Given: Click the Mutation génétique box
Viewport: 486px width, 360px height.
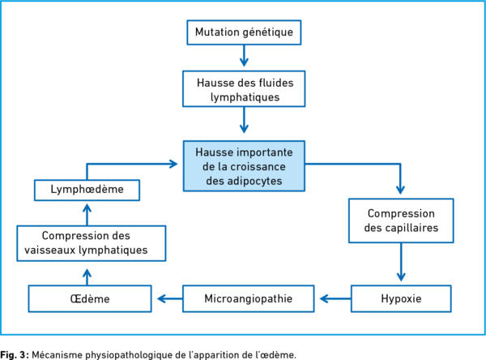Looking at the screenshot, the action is (244, 32).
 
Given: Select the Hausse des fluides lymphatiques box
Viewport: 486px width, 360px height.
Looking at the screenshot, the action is (244, 88).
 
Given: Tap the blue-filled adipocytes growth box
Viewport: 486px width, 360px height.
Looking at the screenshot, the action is (244, 166).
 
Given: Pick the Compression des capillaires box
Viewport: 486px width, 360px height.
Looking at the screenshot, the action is (401, 221).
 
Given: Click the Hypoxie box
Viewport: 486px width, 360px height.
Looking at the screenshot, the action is (401, 298).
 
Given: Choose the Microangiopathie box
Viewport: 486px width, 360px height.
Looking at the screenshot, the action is (249, 298).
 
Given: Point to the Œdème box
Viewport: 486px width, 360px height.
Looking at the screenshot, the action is (90, 298).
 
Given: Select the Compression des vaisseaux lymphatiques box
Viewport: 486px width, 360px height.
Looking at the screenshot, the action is (92, 243).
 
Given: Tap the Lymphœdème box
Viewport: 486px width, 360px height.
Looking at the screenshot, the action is (87, 190).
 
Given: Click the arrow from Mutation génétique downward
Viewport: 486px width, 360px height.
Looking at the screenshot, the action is (244, 56).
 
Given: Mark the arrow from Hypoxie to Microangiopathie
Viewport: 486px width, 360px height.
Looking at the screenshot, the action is (335, 298).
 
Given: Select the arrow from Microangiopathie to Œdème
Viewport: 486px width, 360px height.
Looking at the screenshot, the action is (170, 298).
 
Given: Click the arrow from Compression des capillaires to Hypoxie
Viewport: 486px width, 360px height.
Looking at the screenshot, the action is (401, 262).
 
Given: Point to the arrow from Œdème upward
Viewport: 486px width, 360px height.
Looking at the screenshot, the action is (87, 276).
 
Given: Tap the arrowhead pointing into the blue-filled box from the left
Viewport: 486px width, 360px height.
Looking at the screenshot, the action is (173, 164).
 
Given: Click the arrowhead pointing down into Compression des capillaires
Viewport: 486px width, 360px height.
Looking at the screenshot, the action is (400, 190).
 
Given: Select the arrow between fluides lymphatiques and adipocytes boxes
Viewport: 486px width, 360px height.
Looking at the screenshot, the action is (244, 120).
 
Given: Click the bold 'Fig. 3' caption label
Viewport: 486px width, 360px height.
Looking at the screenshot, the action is (15, 354).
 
